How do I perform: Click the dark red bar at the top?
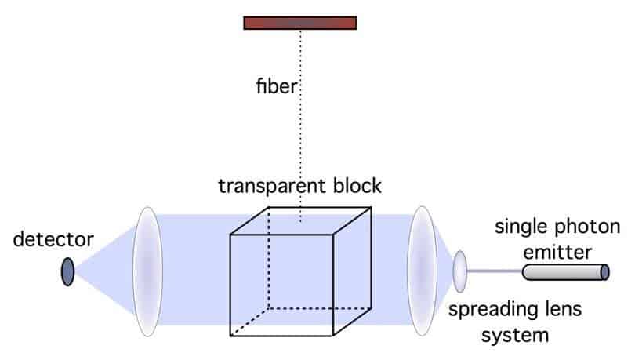click(300, 23)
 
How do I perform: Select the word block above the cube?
click(360, 186)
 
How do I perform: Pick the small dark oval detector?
click(68, 271)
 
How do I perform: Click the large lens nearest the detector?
click(147, 271)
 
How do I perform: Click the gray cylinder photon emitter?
click(562, 271)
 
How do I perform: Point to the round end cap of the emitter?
click(605, 271)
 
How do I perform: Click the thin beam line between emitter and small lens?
click(495, 271)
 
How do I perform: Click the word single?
click(520, 229)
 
